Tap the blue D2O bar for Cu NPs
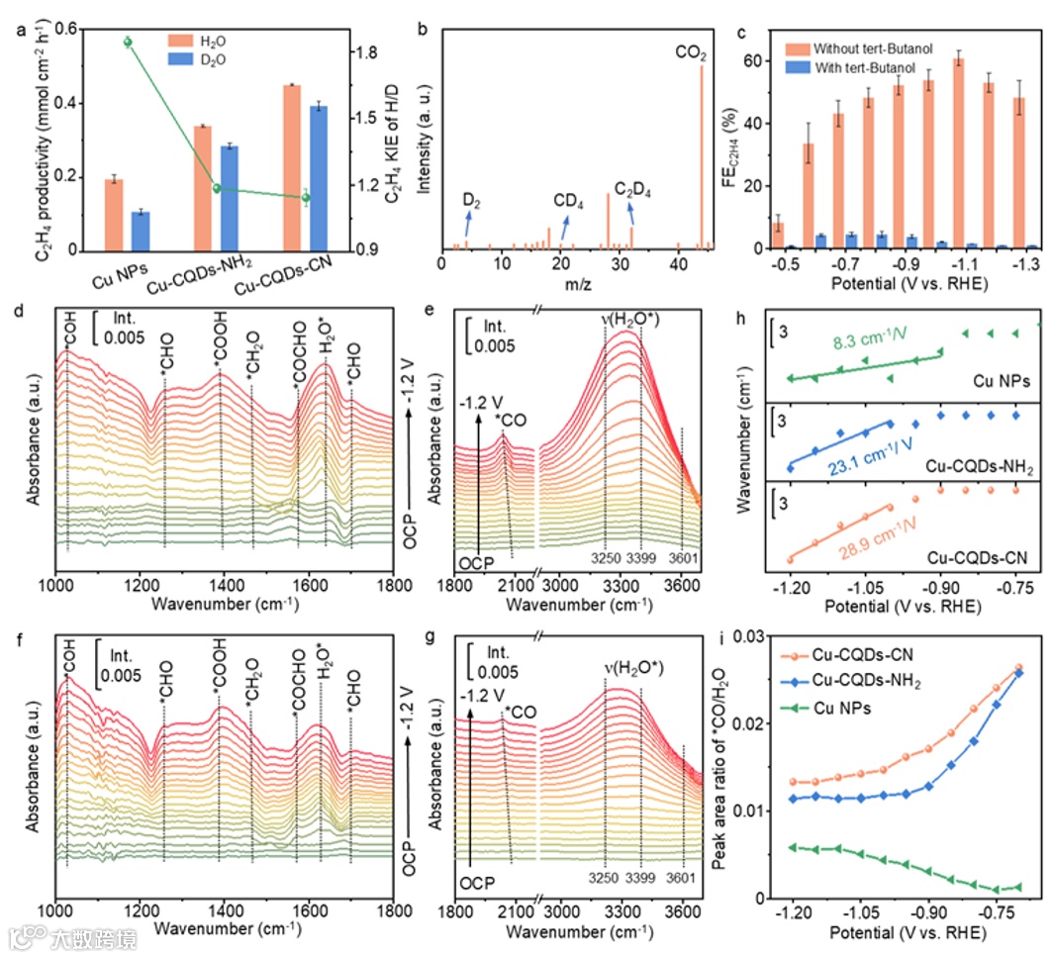(140, 230)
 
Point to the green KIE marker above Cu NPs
(127, 42)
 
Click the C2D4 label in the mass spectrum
(632, 188)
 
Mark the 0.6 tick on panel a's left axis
(62, 31)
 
